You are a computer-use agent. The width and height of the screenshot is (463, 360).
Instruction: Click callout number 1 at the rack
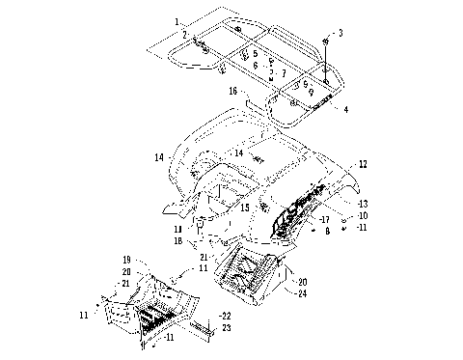(177, 20)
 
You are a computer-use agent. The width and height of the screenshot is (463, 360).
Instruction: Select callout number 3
(340, 33)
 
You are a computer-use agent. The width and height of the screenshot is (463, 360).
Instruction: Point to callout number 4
(344, 109)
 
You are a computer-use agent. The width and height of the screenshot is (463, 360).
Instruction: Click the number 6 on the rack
(255, 66)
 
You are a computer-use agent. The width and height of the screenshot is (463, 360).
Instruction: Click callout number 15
(246, 208)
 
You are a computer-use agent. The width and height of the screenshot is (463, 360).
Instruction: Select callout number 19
(125, 261)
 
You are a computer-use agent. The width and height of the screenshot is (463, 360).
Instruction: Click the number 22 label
(225, 316)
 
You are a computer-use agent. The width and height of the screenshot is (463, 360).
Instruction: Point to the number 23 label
(225, 327)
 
